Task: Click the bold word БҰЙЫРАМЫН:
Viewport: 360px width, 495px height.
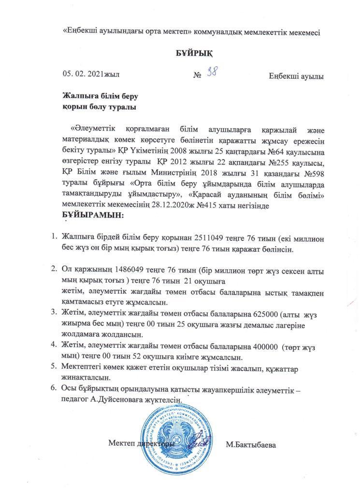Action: click(93, 214)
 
